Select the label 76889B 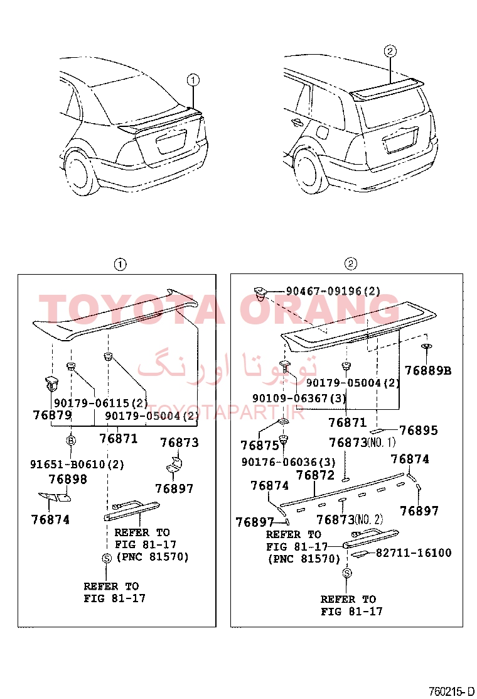[x=427, y=371]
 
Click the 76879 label [x=53, y=416]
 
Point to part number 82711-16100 [x=414, y=553]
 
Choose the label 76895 [x=418, y=431]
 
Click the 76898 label [x=68, y=480]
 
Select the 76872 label [x=315, y=476]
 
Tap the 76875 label [x=259, y=445]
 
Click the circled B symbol [x=71, y=441]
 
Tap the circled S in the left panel [x=106, y=558]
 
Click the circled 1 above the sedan [x=193, y=80]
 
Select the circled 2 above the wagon [x=390, y=52]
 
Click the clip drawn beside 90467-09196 [x=259, y=294]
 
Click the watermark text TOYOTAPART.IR [x=225, y=413]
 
